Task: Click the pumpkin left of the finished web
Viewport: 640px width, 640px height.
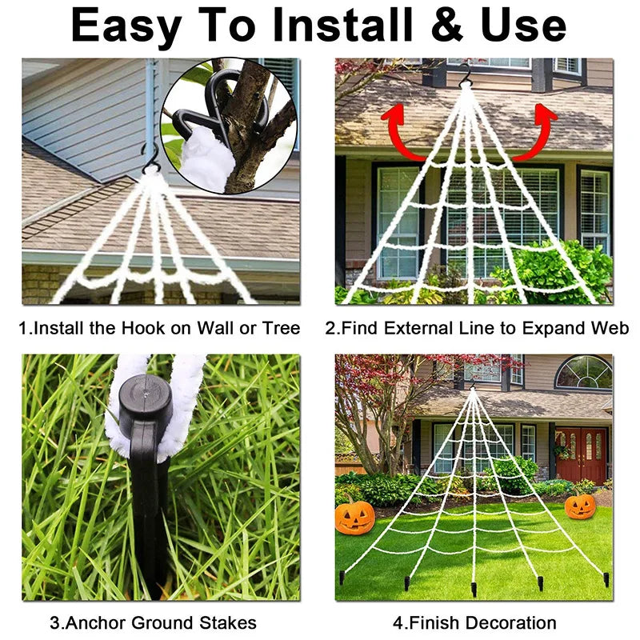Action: (354, 518)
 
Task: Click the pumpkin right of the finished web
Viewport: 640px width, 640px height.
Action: (580, 506)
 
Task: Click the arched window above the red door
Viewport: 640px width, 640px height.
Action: (583, 373)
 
